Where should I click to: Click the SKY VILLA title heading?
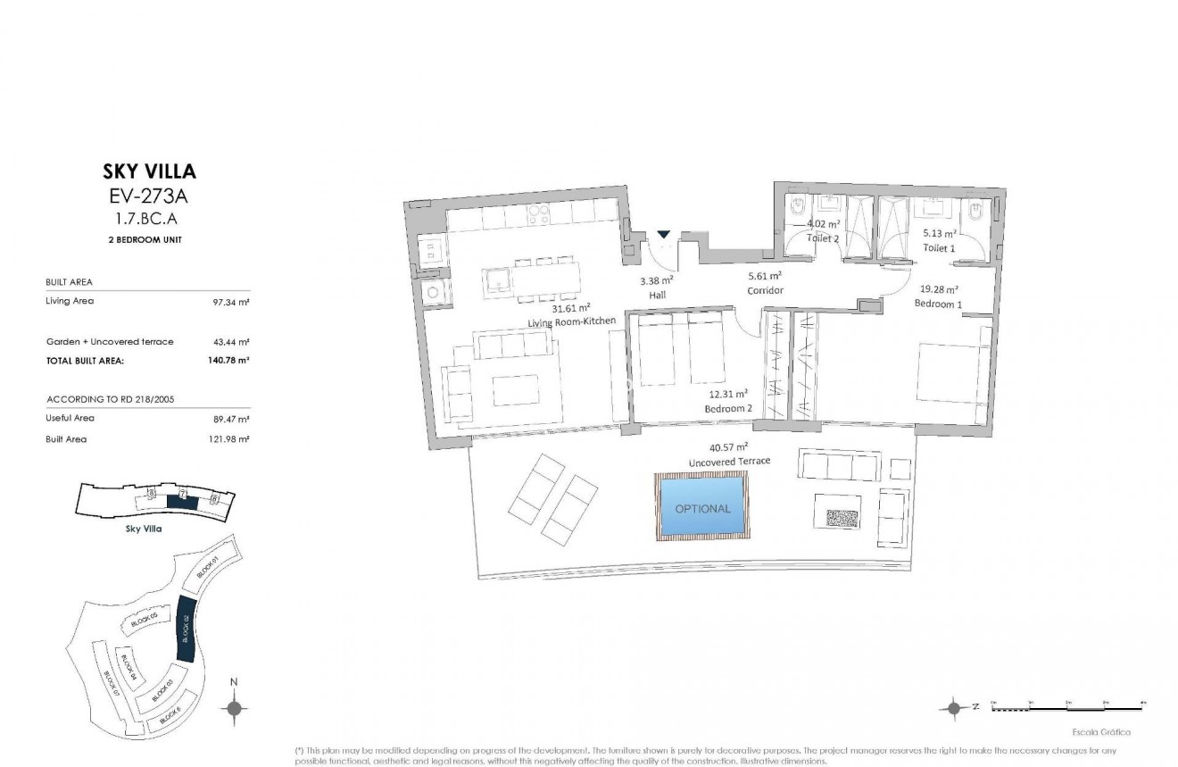tap(146, 171)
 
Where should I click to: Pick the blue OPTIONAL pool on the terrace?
tap(702, 508)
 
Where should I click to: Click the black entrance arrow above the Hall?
tap(662, 235)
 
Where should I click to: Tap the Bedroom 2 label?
tap(728, 408)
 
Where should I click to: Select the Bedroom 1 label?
tap(938, 304)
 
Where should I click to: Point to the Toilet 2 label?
tap(823, 238)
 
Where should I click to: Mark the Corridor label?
tap(765, 290)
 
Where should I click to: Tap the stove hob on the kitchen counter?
tap(539, 214)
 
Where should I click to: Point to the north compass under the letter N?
tap(234, 709)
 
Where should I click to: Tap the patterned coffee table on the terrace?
tap(838, 519)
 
